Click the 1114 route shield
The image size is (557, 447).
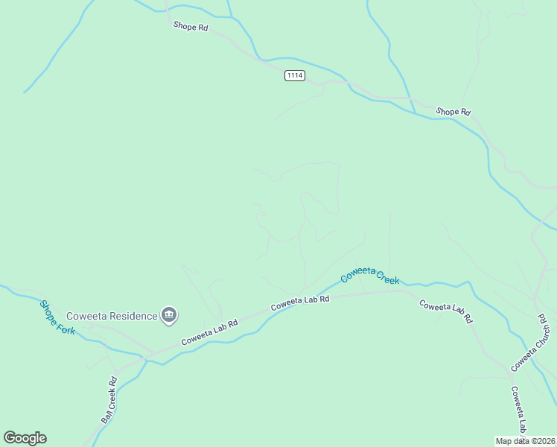tap(295, 76)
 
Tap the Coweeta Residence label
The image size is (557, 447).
tap(112, 316)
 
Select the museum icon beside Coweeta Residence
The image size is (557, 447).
tap(169, 316)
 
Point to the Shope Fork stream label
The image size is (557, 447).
tap(57, 317)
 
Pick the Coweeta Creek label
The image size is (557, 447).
tap(370, 276)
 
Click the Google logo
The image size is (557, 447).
tap(25, 438)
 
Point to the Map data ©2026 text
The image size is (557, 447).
tap(526, 440)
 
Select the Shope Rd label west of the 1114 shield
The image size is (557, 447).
tap(191, 26)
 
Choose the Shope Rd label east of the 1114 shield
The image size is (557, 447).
tap(453, 112)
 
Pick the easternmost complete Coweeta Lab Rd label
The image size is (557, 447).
tap(446, 310)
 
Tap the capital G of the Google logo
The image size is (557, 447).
tap(9, 438)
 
